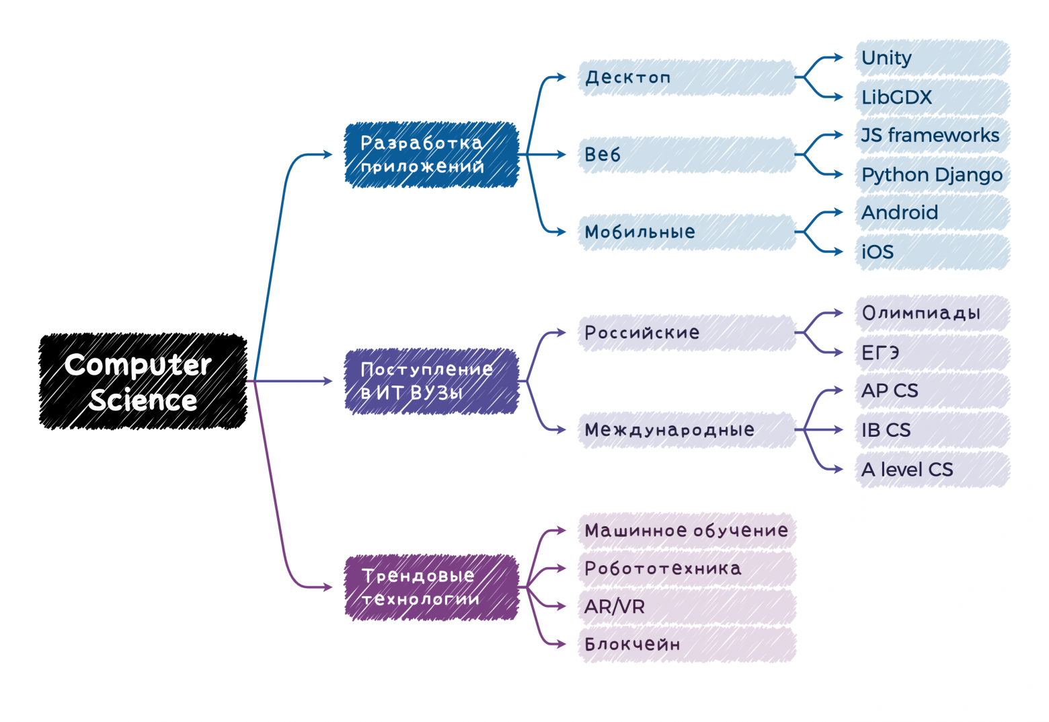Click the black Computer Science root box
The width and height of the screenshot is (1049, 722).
[x=143, y=382]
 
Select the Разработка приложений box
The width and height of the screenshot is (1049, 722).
[x=431, y=155]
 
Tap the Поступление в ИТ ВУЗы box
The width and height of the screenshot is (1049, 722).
[x=431, y=382]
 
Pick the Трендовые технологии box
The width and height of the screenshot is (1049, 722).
[x=431, y=587]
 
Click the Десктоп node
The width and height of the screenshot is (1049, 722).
[x=687, y=77]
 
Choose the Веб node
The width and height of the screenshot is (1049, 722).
[x=687, y=155]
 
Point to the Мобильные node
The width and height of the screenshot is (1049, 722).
[x=687, y=232]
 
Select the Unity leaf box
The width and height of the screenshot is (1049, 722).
[x=933, y=58]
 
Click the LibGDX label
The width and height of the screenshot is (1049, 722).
[x=896, y=98]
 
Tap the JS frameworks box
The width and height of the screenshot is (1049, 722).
[x=933, y=135]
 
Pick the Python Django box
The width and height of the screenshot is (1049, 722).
[x=933, y=175]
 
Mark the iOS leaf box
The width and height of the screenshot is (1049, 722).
[x=933, y=252]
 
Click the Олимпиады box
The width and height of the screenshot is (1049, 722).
[x=933, y=313]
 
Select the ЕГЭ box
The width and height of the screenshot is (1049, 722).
[x=933, y=353]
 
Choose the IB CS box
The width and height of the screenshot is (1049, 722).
[x=933, y=430]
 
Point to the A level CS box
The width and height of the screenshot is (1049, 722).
[x=933, y=470]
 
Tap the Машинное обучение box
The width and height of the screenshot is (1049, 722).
[x=687, y=531]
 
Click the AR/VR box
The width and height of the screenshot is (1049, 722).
[x=687, y=607]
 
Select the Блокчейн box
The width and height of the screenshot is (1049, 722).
[x=687, y=645]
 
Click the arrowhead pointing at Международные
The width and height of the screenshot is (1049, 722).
[x=561, y=430]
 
